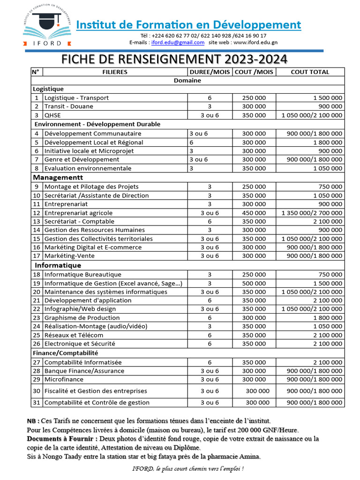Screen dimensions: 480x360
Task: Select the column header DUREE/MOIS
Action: tap(210, 72)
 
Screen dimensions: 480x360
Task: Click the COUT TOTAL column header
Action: tap(310, 72)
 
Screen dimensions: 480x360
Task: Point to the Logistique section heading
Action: tap(48, 89)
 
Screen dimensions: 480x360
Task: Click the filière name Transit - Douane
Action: tap(69, 106)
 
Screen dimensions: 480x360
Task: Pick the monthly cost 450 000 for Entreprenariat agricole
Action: tap(254, 213)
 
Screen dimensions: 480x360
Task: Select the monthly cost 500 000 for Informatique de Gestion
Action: tap(254, 284)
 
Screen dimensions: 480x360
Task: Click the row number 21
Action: tap(37, 300)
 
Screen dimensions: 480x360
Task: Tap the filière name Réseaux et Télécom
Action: tap(74, 335)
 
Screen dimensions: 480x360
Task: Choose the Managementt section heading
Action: tap(58, 177)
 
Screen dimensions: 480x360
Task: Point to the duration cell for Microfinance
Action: tap(210, 379)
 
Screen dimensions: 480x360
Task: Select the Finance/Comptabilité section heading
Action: tap(66, 353)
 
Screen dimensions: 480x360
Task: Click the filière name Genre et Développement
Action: tap(82, 160)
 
